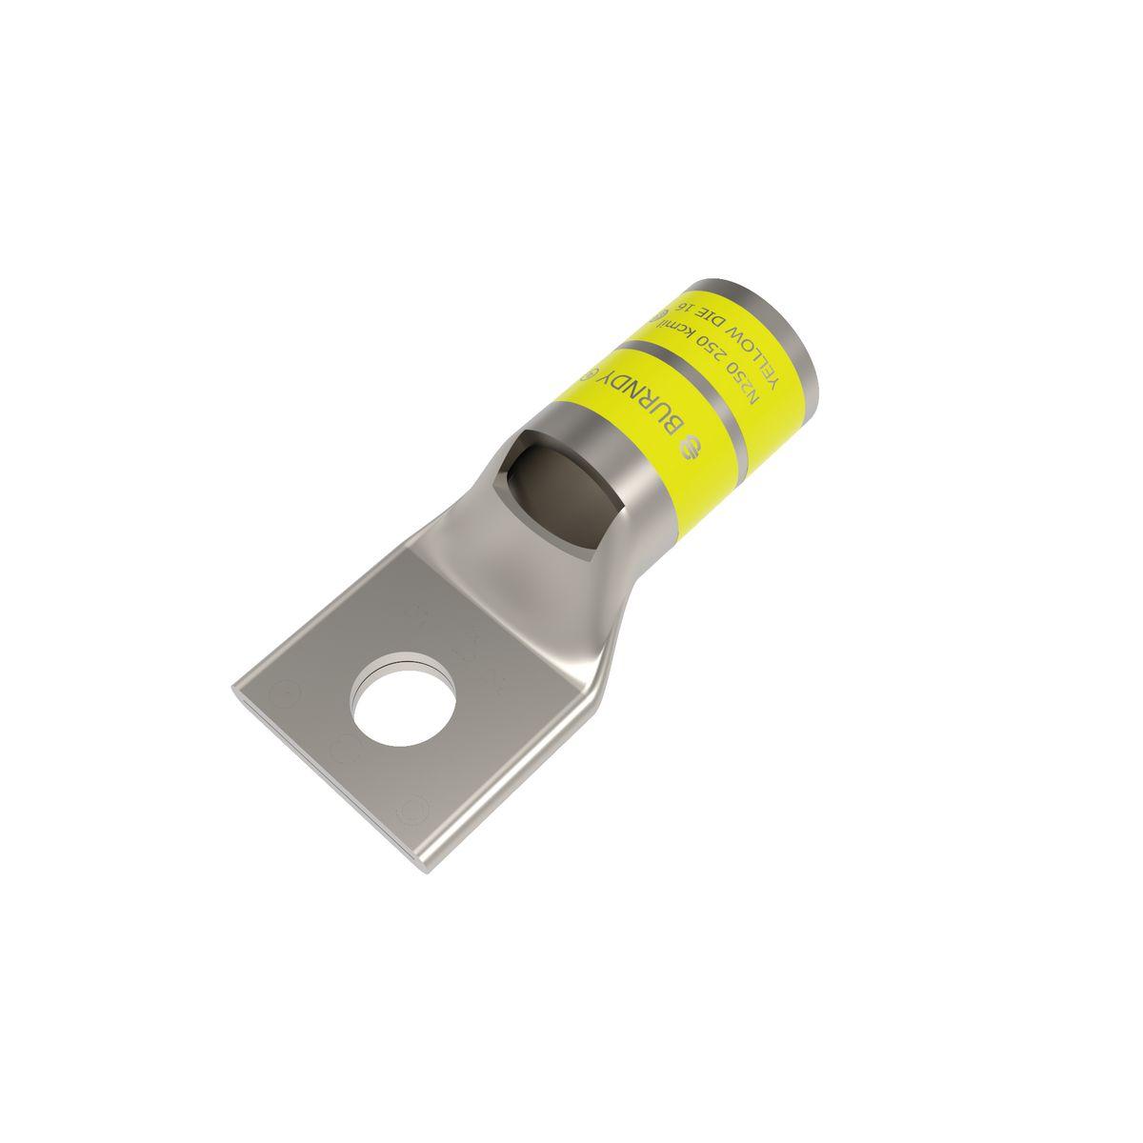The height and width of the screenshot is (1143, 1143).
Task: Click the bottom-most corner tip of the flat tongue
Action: click(x=421, y=869)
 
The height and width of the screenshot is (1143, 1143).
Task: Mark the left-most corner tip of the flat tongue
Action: click(x=233, y=684)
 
